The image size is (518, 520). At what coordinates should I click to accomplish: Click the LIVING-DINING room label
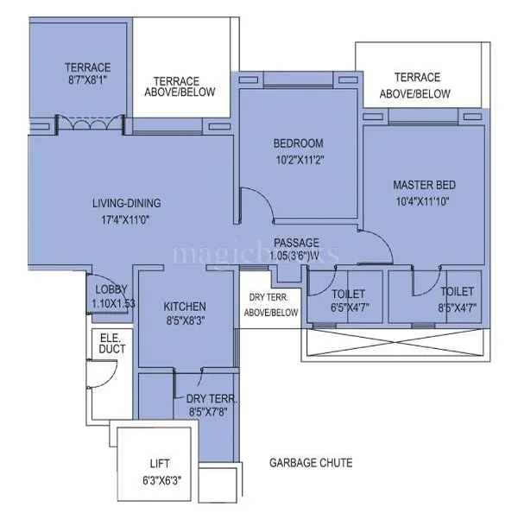[x=127, y=204]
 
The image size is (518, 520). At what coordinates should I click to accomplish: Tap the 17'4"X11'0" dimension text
[x=127, y=220]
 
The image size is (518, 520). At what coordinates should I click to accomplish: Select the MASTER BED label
[x=424, y=185]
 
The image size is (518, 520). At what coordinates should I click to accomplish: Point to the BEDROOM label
[x=298, y=143]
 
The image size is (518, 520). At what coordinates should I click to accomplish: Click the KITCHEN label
[x=185, y=307]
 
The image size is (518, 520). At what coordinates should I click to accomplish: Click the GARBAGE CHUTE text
[x=310, y=463]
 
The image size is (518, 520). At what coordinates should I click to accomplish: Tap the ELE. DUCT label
[x=112, y=344]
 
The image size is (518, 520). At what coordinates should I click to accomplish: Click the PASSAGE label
[x=296, y=243]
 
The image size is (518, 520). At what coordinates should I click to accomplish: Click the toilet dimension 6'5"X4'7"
[x=347, y=308]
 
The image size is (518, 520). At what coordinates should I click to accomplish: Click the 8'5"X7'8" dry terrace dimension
[x=212, y=413]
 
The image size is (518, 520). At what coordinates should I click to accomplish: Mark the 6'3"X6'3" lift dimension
[x=161, y=479]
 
